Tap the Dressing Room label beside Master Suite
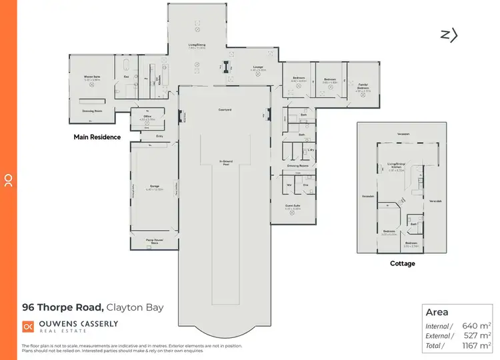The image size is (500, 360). (x=91, y=111)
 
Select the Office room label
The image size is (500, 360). (x=148, y=117)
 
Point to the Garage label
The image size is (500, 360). (x=153, y=187)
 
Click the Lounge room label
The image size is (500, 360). (x=259, y=67)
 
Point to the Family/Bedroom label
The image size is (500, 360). (x=363, y=87)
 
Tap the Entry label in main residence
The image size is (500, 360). (x=160, y=136)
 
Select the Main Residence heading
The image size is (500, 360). (x=97, y=137)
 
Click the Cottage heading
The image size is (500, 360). (x=402, y=264)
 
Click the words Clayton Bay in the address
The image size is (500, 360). (x=135, y=307)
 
